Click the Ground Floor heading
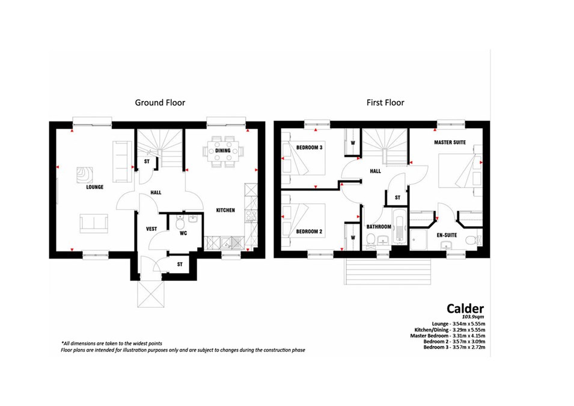(x=160, y=103)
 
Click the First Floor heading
(x=385, y=103)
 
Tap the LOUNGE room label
(x=95, y=187)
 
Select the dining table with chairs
(x=222, y=152)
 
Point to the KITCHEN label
(x=225, y=210)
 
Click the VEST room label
(x=151, y=229)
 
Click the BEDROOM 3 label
(x=310, y=147)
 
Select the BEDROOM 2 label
(x=310, y=231)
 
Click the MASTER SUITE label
(x=450, y=142)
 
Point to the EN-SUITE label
(x=447, y=235)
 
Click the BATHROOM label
(x=379, y=227)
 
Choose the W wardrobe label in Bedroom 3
(x=353, y=143)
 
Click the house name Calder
(x=465, y=309)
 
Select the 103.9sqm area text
(x=473, y=316)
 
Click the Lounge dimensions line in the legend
(x=459, y=324)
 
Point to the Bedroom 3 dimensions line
(x=454, y=347)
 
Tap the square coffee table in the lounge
(x=85, y=175)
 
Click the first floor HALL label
(x=375, y=171)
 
